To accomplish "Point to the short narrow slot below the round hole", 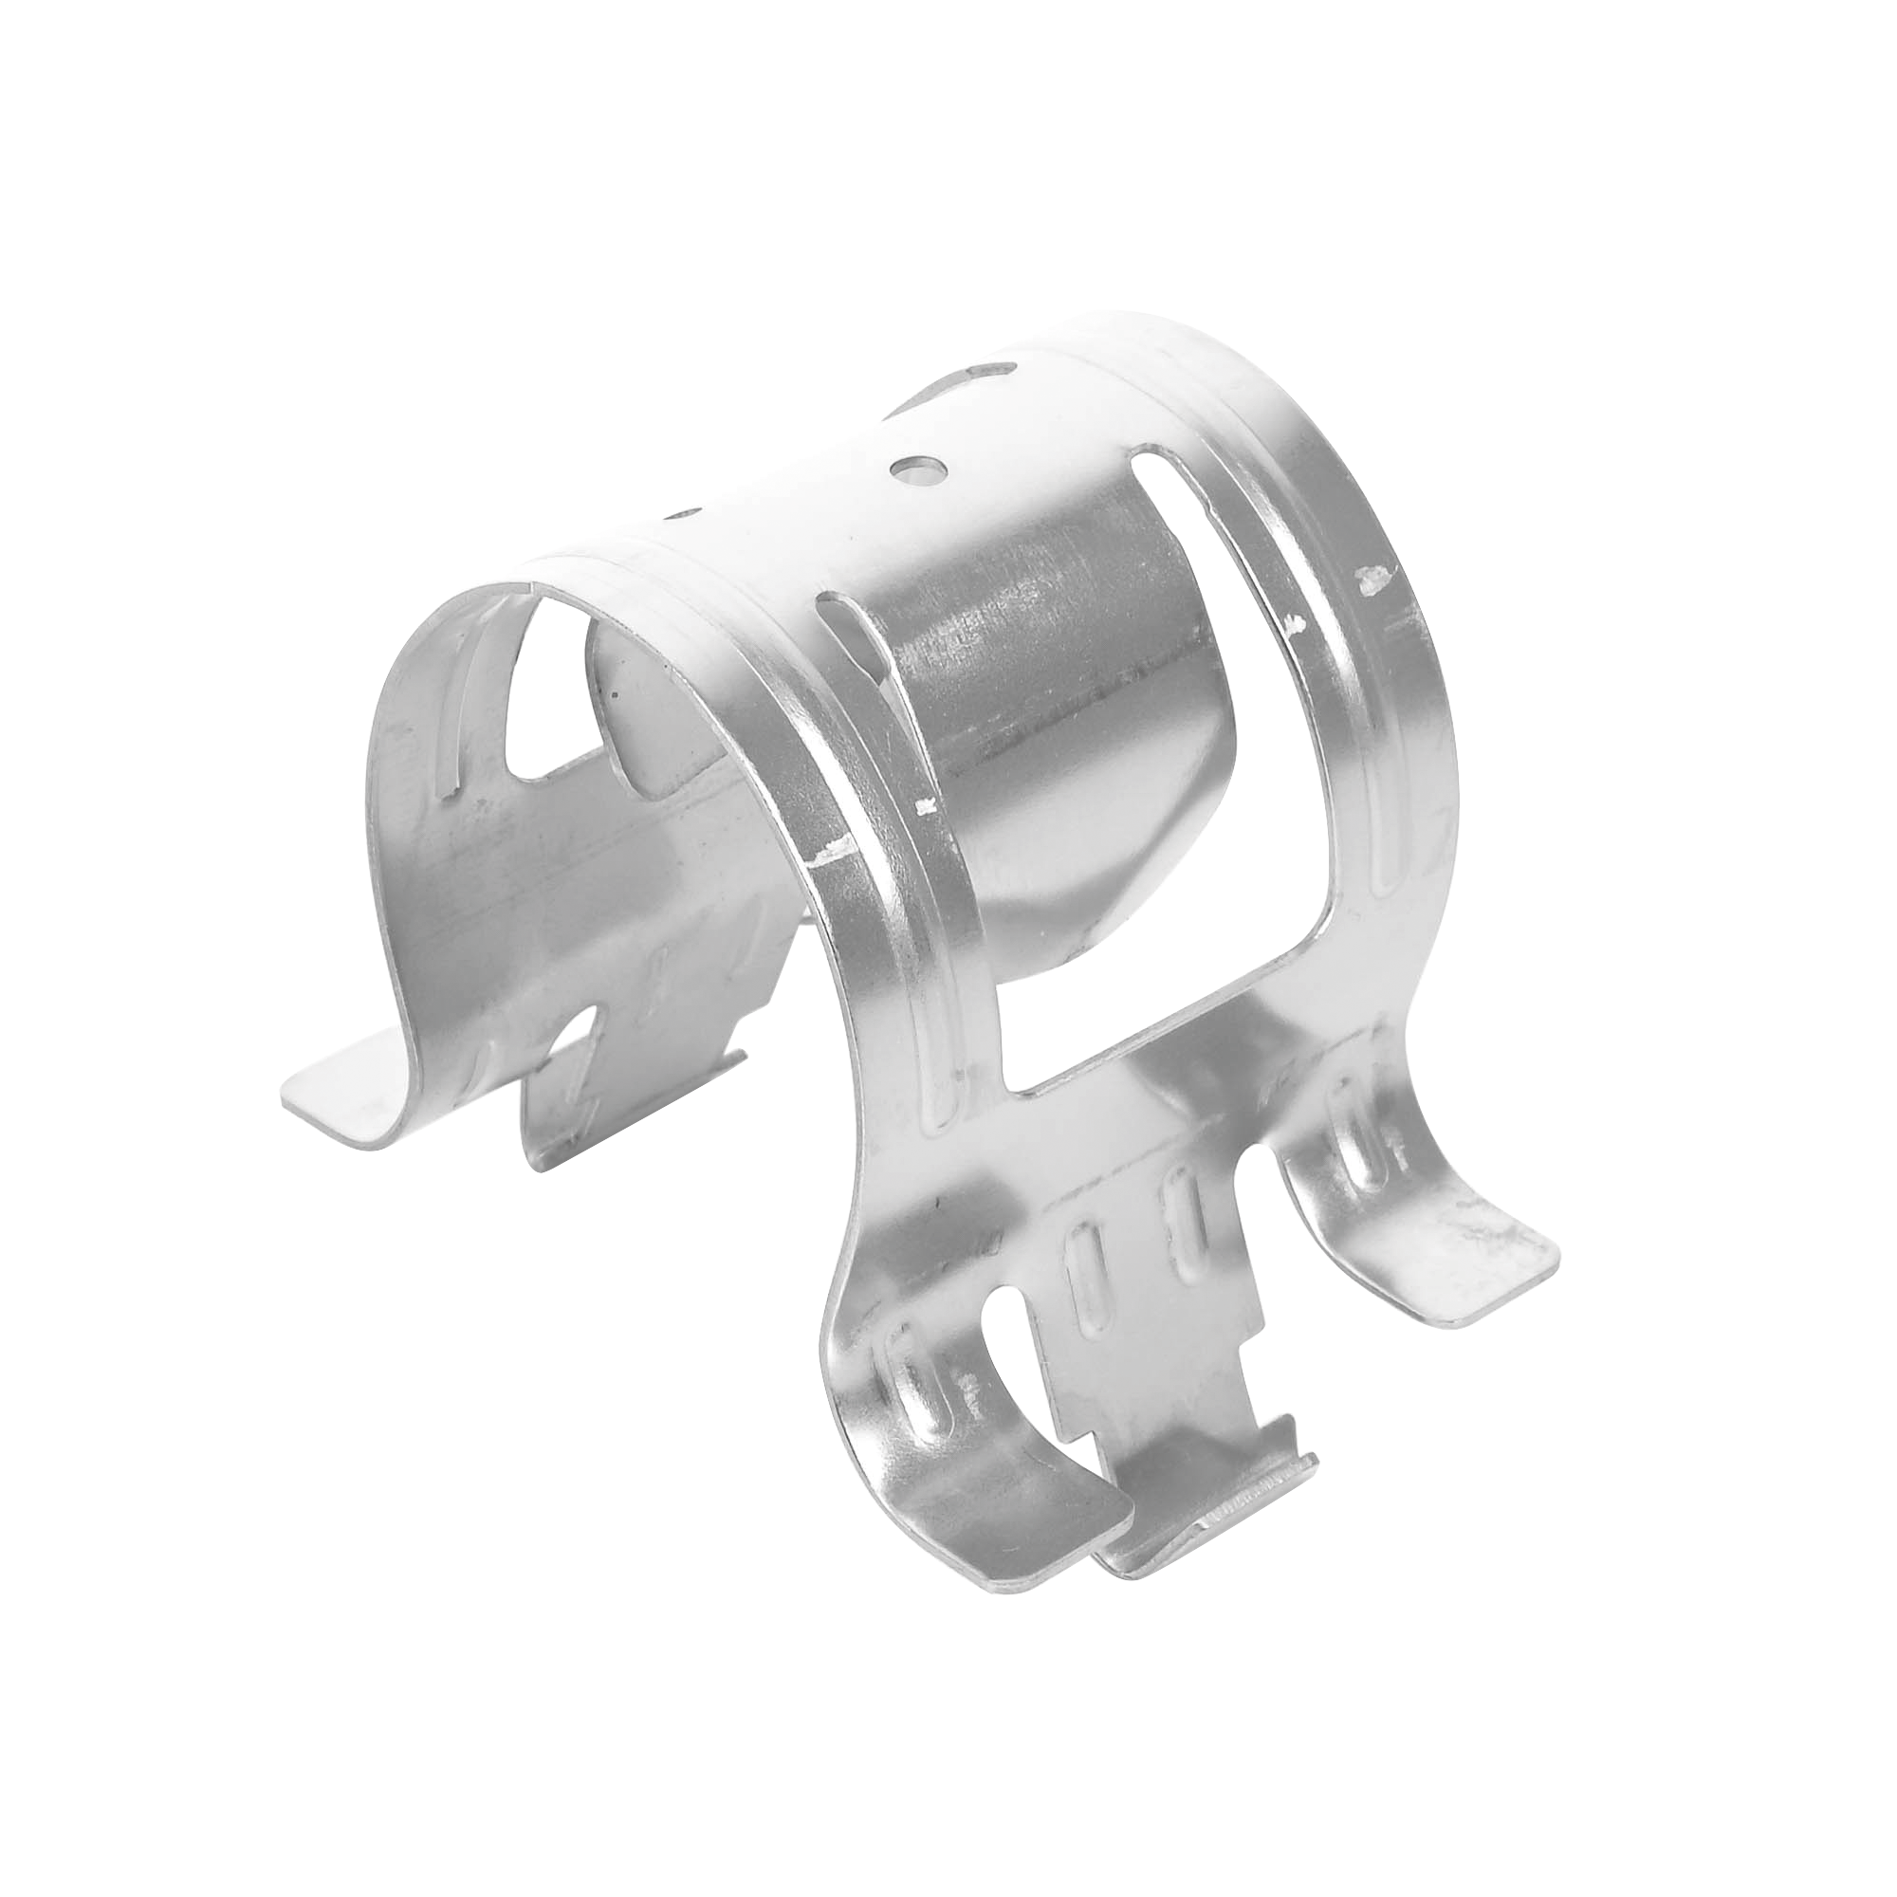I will tap(840, 625).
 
